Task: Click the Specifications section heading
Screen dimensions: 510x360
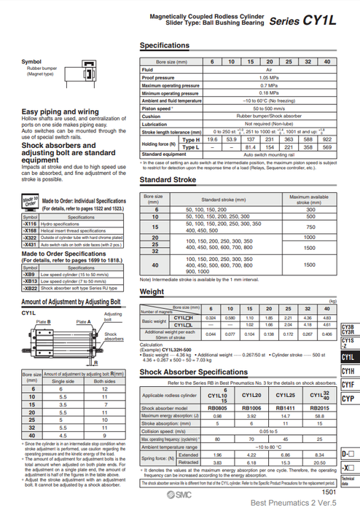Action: pyautogui.click(x=165, y=45)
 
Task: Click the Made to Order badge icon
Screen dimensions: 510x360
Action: pyautogui.click(x=30, y=202)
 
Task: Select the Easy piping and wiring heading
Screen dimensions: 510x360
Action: pyautogui.click(x=60, y=111)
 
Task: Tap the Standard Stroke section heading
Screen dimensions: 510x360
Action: pyautogui.click(x=168, y=180)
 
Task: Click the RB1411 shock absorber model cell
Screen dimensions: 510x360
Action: pyautogui.click(x=288, y=407)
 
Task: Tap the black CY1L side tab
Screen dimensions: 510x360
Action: pyautogui.click(x=348, y=356)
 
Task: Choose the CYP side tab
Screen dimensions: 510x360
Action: pyautogui.click(x=348, y=399)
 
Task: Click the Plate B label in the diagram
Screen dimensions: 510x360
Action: pyautogui.click(x=44, y=321)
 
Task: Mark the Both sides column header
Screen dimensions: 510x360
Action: pyautogui.click(x=106, y=381)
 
